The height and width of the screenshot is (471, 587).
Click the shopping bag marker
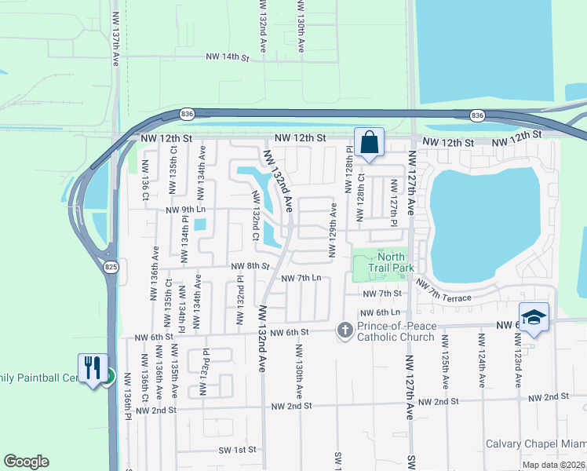[369, 143]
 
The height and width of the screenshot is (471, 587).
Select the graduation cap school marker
[534, 317]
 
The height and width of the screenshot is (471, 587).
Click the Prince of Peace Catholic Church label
[396, 332]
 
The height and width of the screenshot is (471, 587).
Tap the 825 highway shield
[111, 267]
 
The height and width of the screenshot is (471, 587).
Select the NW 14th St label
[227, 57]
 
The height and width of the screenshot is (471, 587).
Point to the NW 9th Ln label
[186, 210]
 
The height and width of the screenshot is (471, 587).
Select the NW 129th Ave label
[334, 230]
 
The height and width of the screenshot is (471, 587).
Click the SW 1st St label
[237, 451]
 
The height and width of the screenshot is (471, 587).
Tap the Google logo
[27, 462]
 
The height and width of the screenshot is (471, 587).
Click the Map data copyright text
[552, 465]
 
